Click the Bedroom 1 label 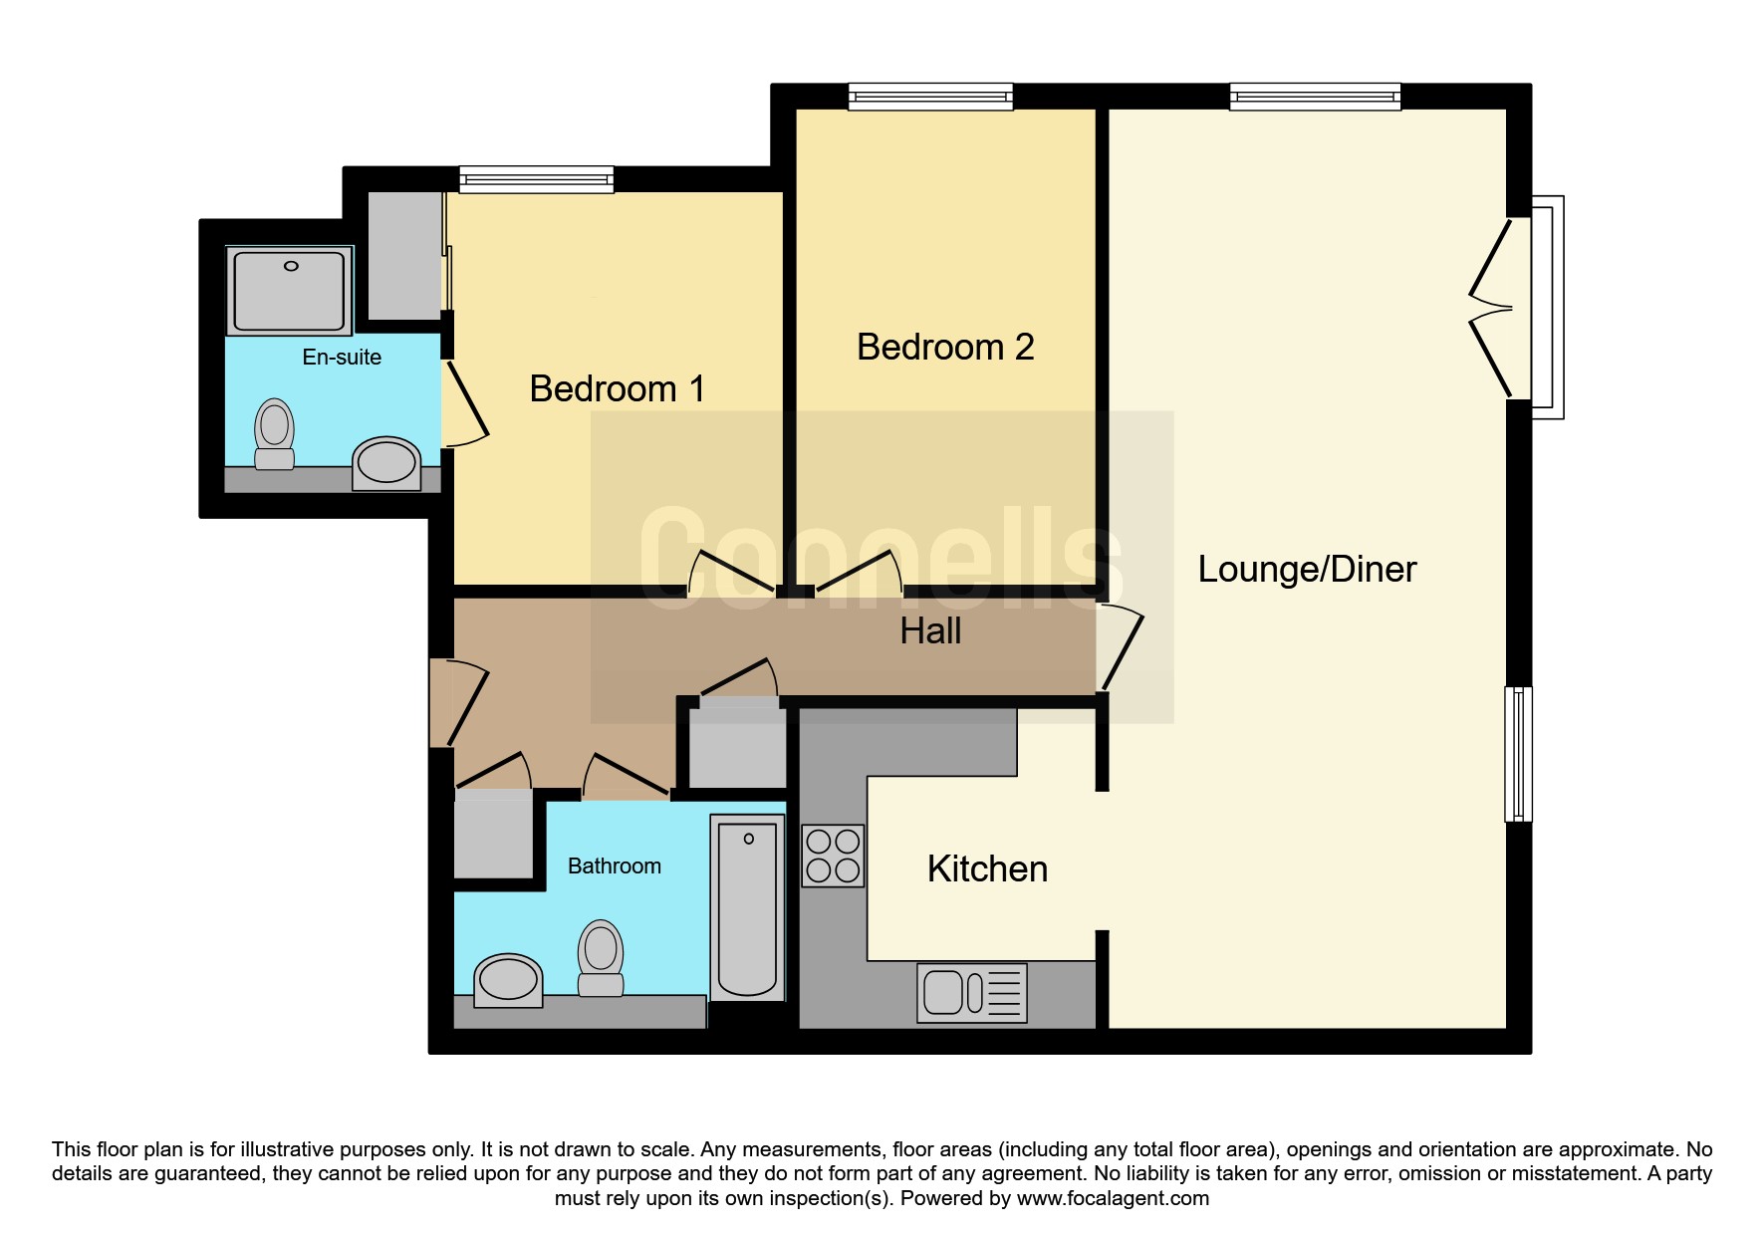[x=617, y=388]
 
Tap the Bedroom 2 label [x=945, y=347]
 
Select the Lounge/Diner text [x=1307, y=569]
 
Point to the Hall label [x=930, y=630]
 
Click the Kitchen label [x=987, y=868]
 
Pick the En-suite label [x=342, y=357]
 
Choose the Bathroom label [x=615, y=865]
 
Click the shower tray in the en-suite [x=290, y=290]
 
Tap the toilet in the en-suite [x=274, y=434]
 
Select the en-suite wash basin [x=386, y=463]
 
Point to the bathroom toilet [x=601, y=957]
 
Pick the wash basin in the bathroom [x=508, y=980]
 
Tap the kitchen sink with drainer [x=972, y=993]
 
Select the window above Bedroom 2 [x=930, y=97]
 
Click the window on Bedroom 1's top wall [x=536, y=179]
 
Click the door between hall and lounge [x=1120, y=646]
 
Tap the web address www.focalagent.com [x=1113, y=1198]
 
